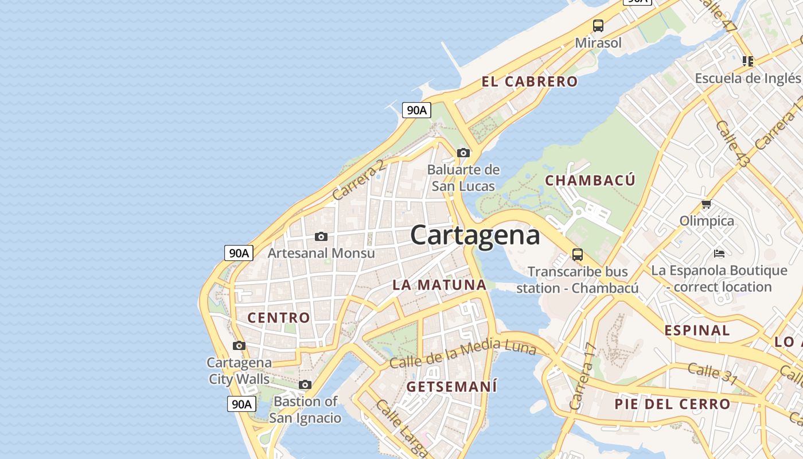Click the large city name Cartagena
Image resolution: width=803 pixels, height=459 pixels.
point(475,235)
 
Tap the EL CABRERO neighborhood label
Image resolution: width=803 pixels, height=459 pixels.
point(529,81)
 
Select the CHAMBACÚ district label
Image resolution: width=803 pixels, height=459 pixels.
point(590,180)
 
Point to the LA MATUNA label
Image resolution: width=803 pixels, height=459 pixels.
point(439,285)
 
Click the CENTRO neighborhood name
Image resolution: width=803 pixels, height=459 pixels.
point(279,317)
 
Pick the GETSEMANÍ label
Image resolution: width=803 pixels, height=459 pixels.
point(452,387)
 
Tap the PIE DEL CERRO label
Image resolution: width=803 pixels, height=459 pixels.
point(672,404)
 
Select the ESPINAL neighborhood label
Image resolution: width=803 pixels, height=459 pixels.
point(697,330)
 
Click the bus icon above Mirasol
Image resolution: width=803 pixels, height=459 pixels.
point(598,26)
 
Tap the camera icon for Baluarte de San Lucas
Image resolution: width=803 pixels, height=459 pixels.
point(463,153)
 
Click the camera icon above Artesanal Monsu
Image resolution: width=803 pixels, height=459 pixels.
point(321,236)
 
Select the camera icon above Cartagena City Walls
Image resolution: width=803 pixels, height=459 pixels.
point(239,345)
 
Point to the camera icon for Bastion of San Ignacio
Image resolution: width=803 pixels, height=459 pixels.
point(305,384)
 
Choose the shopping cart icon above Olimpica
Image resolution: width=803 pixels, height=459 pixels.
point(707,204)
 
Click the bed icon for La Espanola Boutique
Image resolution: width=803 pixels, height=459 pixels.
point(719,253)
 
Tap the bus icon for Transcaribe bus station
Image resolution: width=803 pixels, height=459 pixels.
point(578,254)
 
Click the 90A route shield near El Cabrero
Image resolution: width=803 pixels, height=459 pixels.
point(416,110)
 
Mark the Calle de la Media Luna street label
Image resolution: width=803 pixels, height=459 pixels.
point(462,353)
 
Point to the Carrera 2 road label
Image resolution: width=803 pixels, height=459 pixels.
point(358,180)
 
